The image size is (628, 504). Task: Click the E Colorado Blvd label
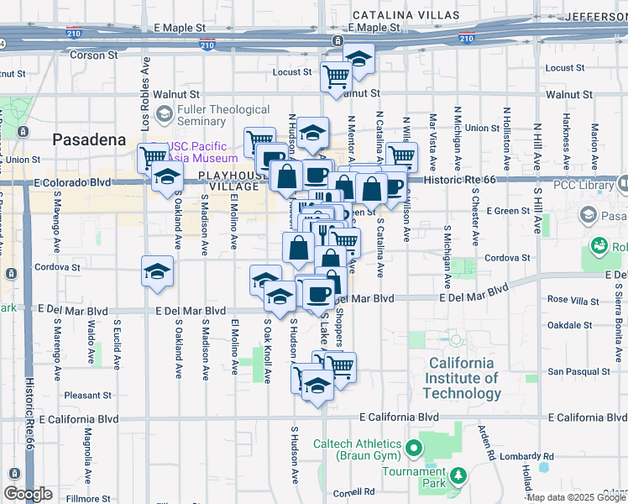click(x=72, y=181)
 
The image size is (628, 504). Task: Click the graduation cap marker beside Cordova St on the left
click(x=155, y=271)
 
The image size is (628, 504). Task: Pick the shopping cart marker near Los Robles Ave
click(x=153, y=156)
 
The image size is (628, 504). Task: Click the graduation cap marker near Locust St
click(x=358, y=59)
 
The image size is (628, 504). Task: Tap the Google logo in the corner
click(x=28, y=494)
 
